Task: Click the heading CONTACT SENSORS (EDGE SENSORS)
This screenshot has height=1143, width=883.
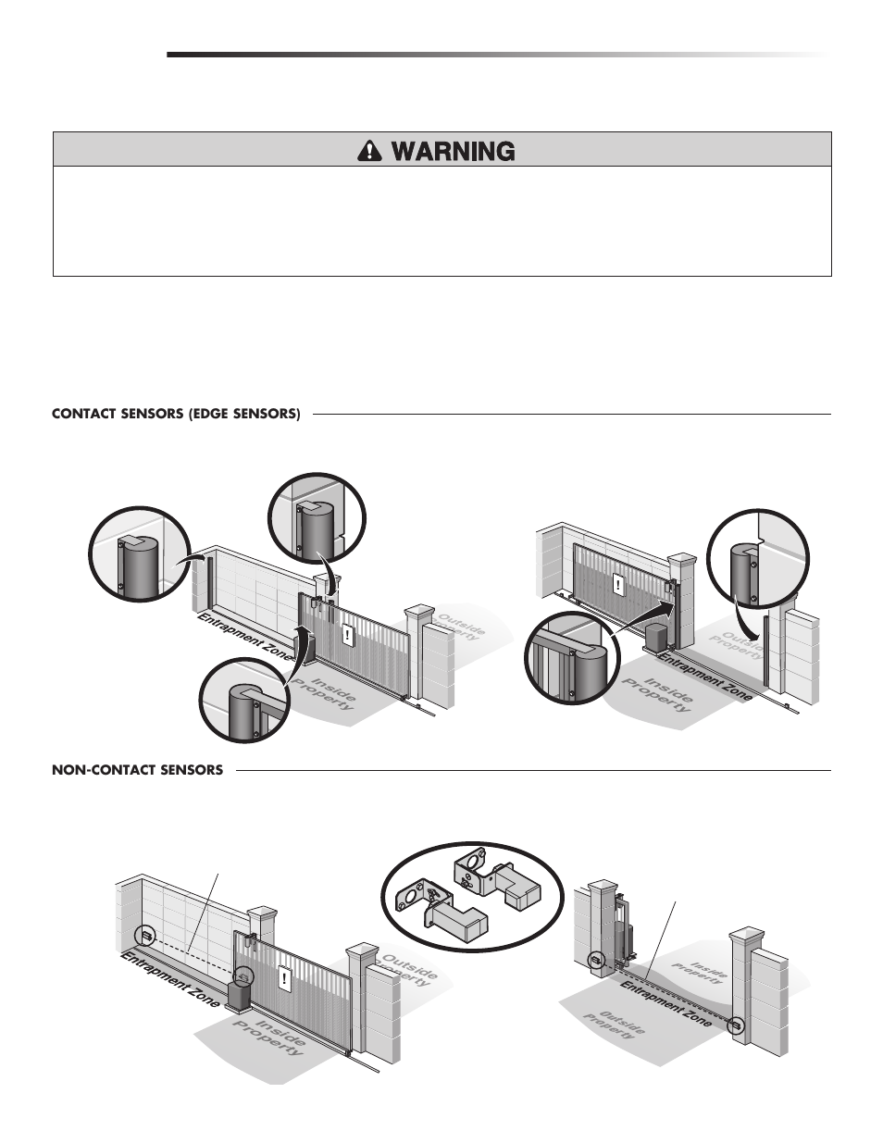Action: pyautogui.click(x=176, y=414)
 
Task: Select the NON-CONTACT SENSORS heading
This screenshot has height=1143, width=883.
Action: pyautogui.click(x=137, y=769)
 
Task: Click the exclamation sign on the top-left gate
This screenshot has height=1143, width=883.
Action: pyautogui.click(x=349, y=635)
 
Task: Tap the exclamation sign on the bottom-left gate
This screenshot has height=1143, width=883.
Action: pyautogui.click(x=282, y=975)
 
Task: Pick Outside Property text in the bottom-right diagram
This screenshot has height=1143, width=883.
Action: pyautogui.click(x=614, y=1024)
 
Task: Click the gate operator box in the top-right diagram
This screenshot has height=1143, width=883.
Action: pyautogui.click(x=658, y=637)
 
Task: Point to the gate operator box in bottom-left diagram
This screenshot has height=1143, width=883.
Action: pyautogui.click(x=242, y=994)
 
